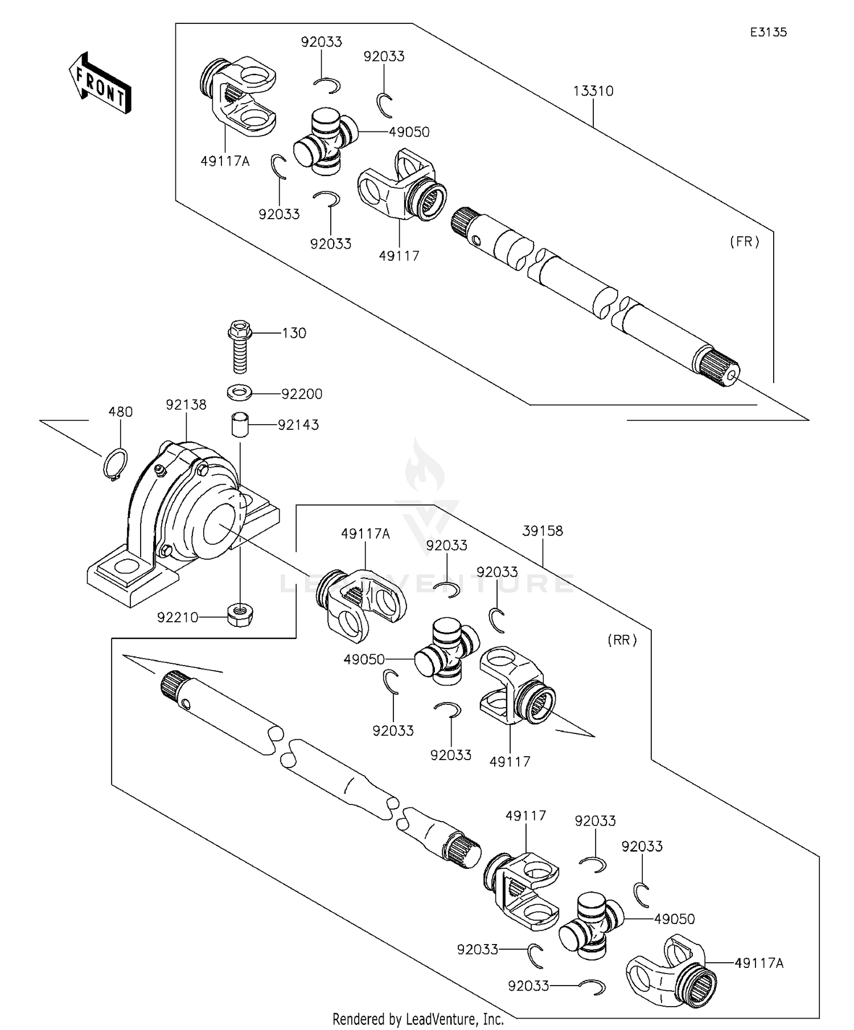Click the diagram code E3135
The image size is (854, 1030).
coord(768,32)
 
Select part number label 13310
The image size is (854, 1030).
coord(593,91)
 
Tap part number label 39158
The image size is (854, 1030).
coord(542,531)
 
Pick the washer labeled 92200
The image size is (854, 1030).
coord(240,393)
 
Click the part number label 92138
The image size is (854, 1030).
coord(186,405)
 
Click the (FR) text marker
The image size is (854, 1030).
coord(744,241)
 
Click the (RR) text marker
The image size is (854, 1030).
coord(622,640)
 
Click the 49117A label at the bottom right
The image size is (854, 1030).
coord(759,963)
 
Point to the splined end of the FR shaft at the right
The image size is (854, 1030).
coord(718,368)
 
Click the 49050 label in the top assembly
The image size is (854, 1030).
coord(409,132)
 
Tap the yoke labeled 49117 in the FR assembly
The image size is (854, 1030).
coord(401,185)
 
